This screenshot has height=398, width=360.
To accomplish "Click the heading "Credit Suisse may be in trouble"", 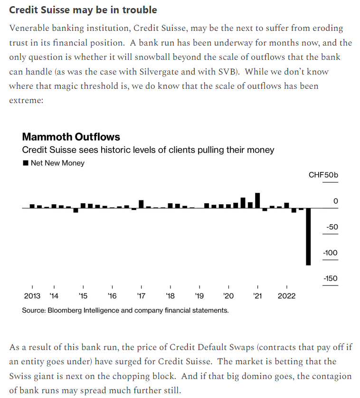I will pos(83,10).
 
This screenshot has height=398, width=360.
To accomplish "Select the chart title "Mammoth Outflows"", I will pos(71,137).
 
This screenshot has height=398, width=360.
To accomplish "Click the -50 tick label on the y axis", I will pos(332,227).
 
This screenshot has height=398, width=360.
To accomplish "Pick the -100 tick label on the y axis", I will pos(330,253).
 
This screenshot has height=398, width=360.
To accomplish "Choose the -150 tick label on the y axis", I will pos(330,279).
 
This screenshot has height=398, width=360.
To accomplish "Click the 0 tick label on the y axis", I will pos(336,201).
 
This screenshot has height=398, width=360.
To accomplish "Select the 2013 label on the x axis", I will pos(32,296).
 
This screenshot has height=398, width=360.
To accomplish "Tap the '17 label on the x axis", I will pos(141,296).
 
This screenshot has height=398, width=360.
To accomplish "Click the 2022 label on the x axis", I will pos(286,296).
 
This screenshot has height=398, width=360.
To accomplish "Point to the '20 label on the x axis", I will pos(228,296).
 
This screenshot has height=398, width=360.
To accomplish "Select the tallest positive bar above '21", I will pos(257,200).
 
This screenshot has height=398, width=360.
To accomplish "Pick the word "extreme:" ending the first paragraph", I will pos(26,101).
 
